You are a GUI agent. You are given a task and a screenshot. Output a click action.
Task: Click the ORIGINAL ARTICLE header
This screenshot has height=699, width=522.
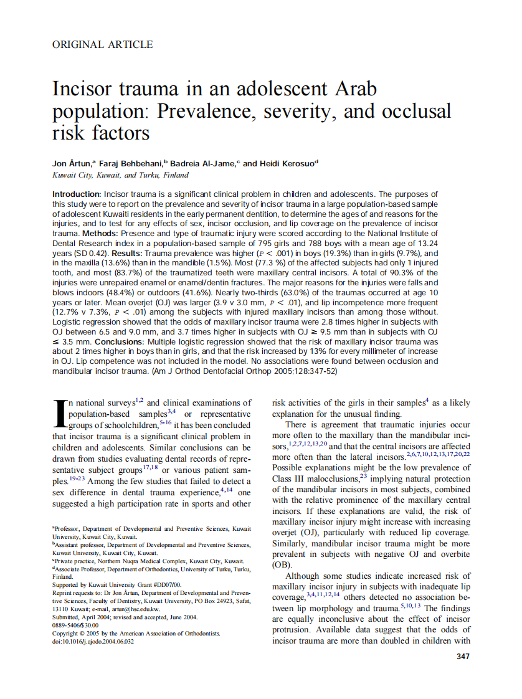[102, 44]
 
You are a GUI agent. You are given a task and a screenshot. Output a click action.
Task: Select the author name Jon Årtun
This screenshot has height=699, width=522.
[71, 163]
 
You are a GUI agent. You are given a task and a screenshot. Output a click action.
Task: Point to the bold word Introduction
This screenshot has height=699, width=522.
[77, 194]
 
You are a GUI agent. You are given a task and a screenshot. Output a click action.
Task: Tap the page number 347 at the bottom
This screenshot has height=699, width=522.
[463, 656]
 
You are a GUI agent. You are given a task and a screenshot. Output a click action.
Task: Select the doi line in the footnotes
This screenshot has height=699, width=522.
[93, 641]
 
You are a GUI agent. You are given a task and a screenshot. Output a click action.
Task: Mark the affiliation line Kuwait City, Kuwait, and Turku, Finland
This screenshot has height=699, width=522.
[120, 176]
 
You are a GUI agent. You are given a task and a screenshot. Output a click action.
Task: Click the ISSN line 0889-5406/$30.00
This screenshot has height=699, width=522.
[76, 625]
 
